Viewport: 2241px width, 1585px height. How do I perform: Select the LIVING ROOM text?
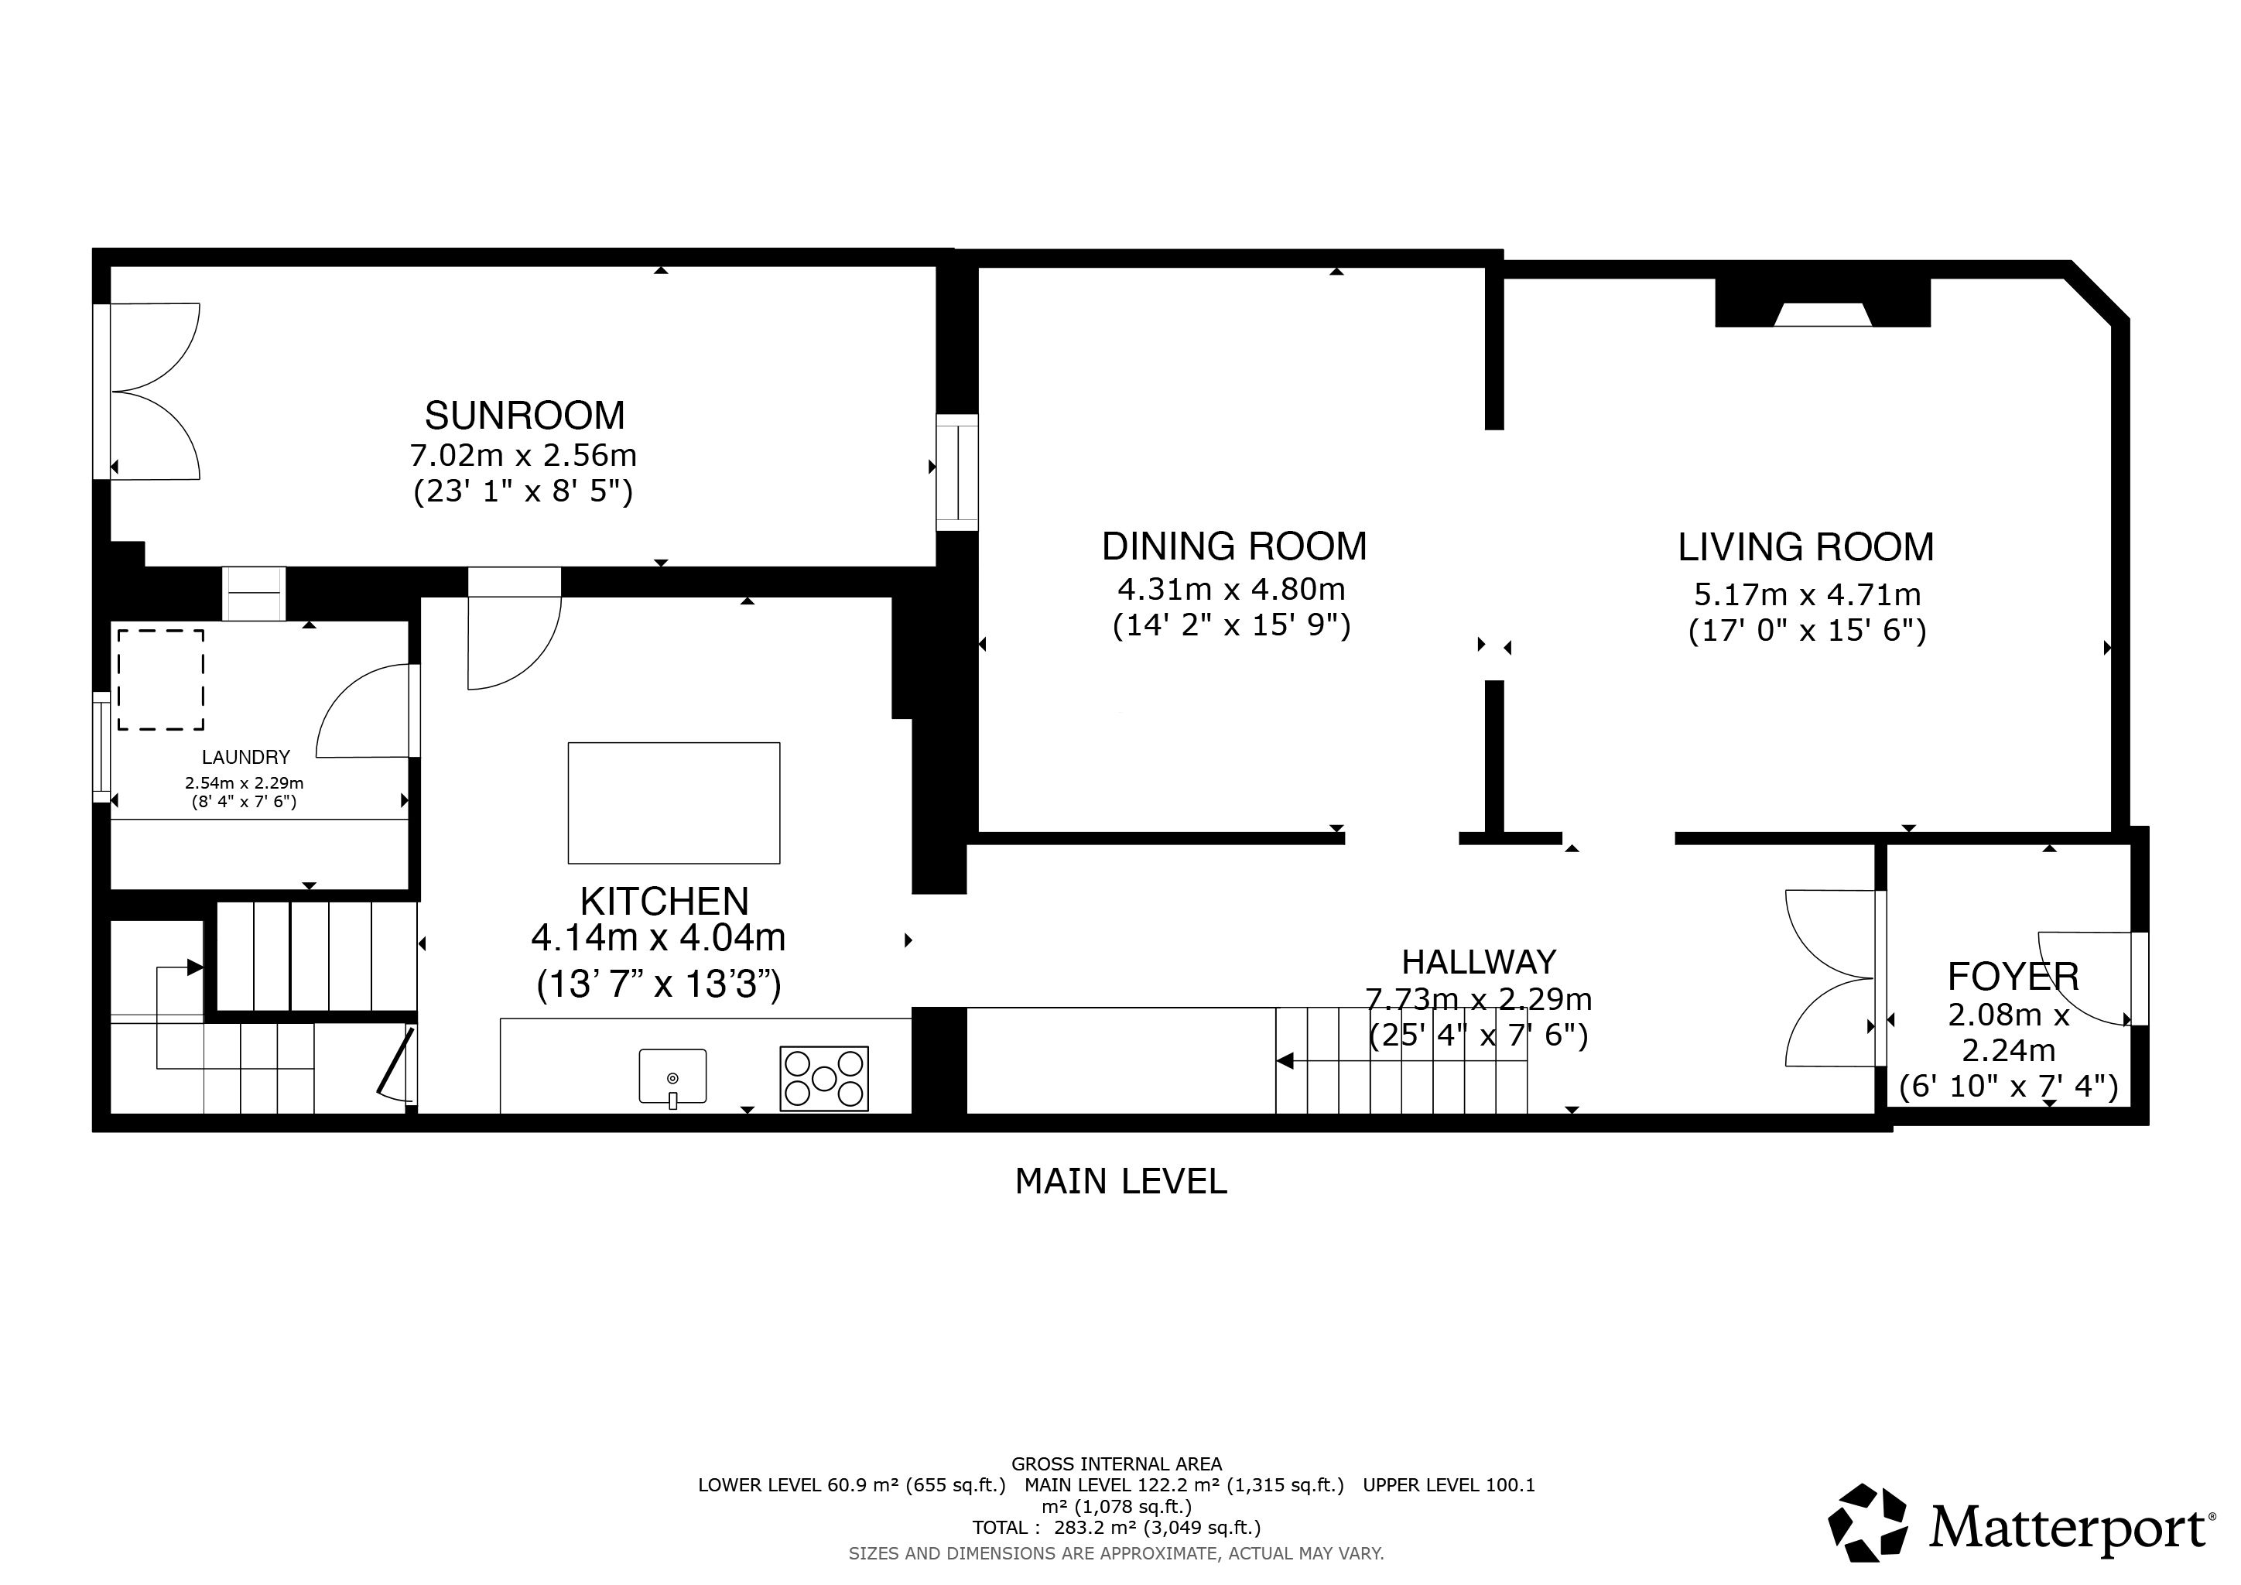1805,547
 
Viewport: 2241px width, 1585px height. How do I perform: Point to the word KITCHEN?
665,901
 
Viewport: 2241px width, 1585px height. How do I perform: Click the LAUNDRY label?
246,758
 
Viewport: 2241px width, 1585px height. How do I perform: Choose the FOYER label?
2013,977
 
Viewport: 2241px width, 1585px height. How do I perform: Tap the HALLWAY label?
1479,962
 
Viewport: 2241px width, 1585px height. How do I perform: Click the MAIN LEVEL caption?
1120,1182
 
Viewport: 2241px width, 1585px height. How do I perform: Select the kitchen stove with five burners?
824,1078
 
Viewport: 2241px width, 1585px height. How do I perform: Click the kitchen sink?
672,1077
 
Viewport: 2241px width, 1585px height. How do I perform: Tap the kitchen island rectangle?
673,803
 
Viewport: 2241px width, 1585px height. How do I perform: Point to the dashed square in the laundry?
161,680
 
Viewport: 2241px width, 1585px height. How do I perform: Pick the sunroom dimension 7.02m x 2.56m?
523,456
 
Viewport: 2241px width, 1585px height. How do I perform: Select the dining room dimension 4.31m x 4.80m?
1232,590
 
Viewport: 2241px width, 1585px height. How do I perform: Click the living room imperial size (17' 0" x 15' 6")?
1808,632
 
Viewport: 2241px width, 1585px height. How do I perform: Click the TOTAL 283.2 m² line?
1117,1528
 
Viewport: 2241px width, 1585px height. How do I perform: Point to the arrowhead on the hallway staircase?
1285,1061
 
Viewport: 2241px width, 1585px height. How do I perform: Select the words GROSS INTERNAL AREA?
1117,1464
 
